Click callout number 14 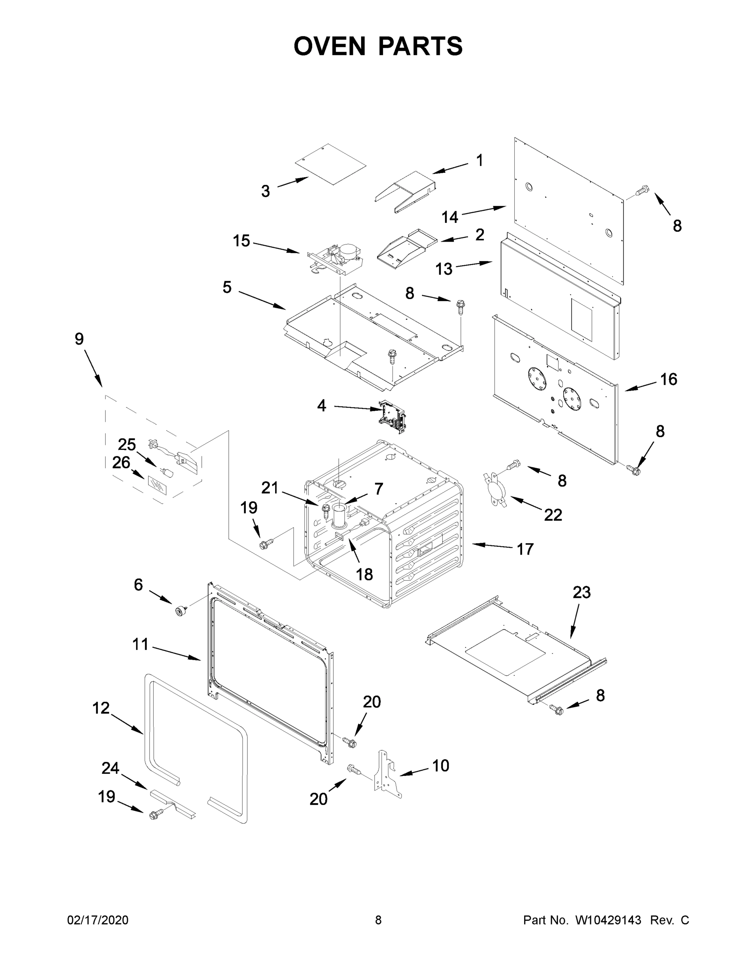click(450, 217)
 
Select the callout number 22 click(553, 515)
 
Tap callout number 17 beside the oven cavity click(525, 548)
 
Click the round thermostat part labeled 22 click(494, 489)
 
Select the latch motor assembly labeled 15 click(336, 259)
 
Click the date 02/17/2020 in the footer click(98, 920)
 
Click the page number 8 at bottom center click(378, 920)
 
